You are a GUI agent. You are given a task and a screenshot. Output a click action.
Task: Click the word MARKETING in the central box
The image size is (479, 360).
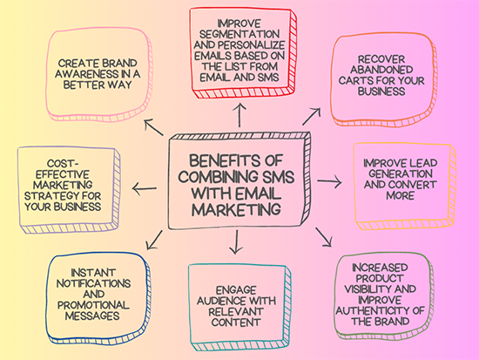pos(238,209)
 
